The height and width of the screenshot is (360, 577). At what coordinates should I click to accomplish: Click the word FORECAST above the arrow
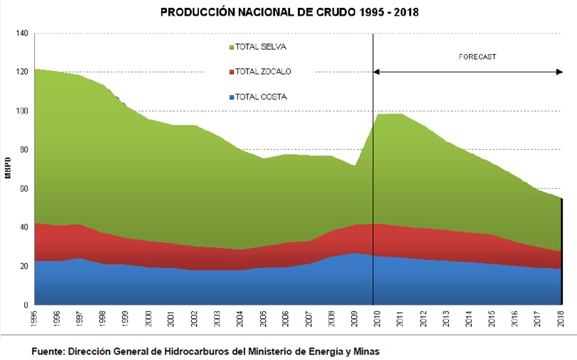[x=478, y=55]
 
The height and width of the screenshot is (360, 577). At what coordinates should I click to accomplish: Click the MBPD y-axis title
[x=8, y=169]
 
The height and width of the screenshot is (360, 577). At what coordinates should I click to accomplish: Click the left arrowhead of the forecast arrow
[x=377, y=72]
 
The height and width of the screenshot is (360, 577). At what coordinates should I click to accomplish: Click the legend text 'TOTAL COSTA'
[x=261, y=97]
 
